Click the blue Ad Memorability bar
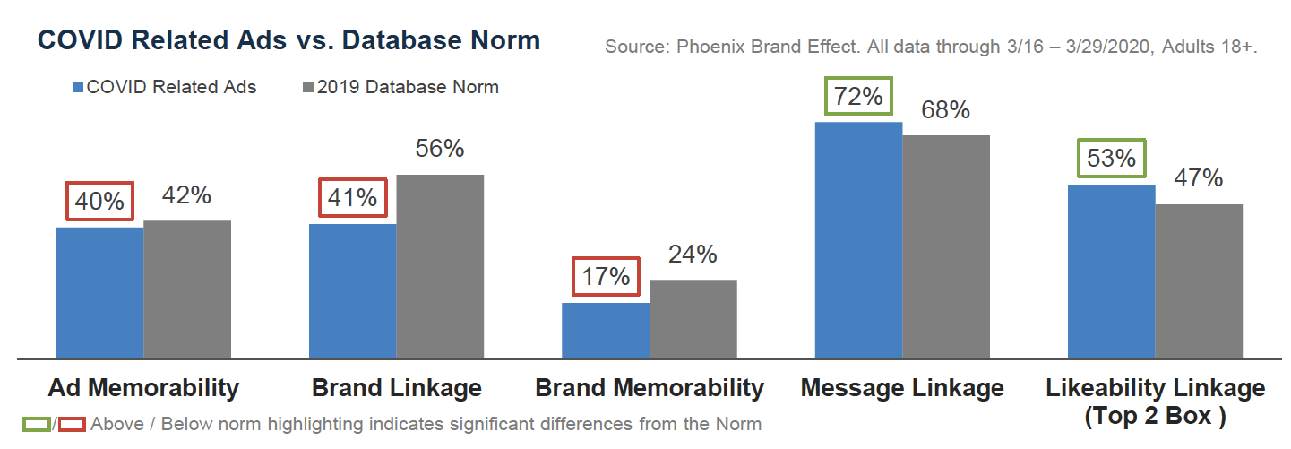(x=99, y=293)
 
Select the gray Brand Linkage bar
(x=440, y=266)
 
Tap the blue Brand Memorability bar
(x=606, y=331)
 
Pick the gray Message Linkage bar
(x=945, y=246)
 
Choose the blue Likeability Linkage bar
(x=1111, y=272)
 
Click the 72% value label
(x=858, y=96)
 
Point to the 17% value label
(x=606, y=277)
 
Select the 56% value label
(x=440, y=149)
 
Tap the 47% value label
(x=1199, y=178)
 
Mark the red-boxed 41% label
(x=353, y=198)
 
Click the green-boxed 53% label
(x=1111, y=159)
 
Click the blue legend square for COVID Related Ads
(x=78, y=88)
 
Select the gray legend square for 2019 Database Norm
(x=309, y=88)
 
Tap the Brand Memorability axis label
(x=650, y=388)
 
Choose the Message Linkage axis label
(x=902, y=388)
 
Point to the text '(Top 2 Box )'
(x=1155, y=417)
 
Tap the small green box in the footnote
(x=38, y=424)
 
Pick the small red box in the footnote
(x=71, y=424)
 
